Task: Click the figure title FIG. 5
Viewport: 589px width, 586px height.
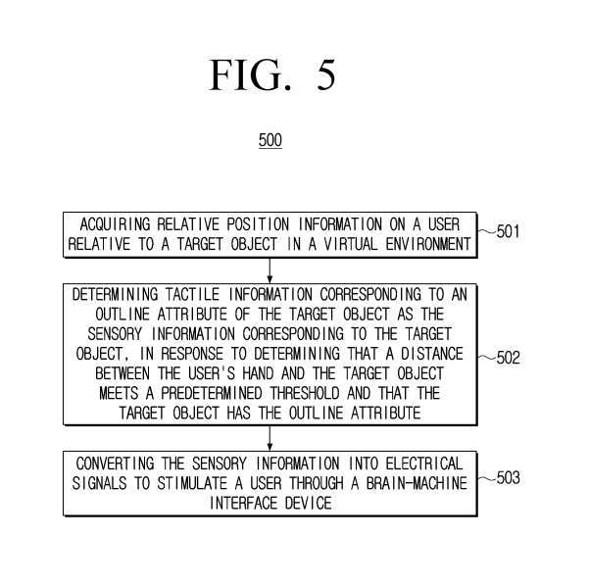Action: (271, 75)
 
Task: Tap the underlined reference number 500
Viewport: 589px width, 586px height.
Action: (270, 141)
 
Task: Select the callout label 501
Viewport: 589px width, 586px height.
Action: (508, 233)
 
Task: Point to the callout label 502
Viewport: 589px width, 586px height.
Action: (508, 358)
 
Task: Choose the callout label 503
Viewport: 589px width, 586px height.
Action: (508, 478)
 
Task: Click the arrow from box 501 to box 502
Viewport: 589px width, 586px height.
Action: (269, 269)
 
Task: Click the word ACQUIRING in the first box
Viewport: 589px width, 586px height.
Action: (117, 224)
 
